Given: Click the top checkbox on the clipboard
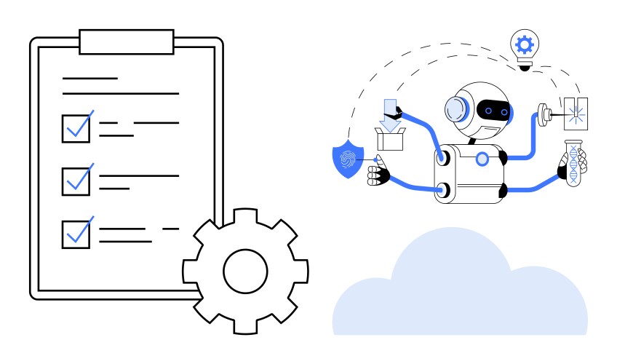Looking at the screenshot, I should [76, 128].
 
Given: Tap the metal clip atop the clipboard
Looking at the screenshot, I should [127, 41].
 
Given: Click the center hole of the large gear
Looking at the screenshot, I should [245, 271].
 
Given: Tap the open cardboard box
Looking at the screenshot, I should [390, 138].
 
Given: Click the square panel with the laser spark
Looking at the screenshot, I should [576, 113].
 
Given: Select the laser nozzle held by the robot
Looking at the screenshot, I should [544, 113].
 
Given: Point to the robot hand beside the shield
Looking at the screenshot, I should [378, 175].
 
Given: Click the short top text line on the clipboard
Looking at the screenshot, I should [89, 78].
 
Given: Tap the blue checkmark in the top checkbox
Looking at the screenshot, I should [79, 126].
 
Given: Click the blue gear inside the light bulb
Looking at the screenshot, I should [524, 44].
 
